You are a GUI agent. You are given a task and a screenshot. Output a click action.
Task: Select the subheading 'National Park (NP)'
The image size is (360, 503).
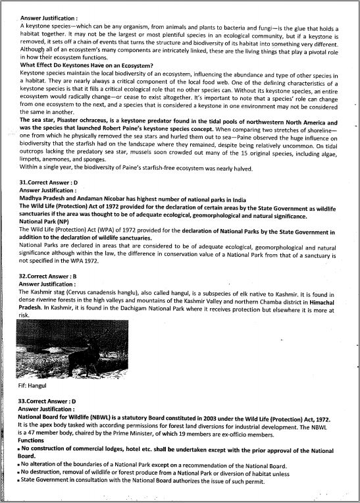45,223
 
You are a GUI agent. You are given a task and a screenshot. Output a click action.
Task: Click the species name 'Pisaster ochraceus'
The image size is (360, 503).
86,122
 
